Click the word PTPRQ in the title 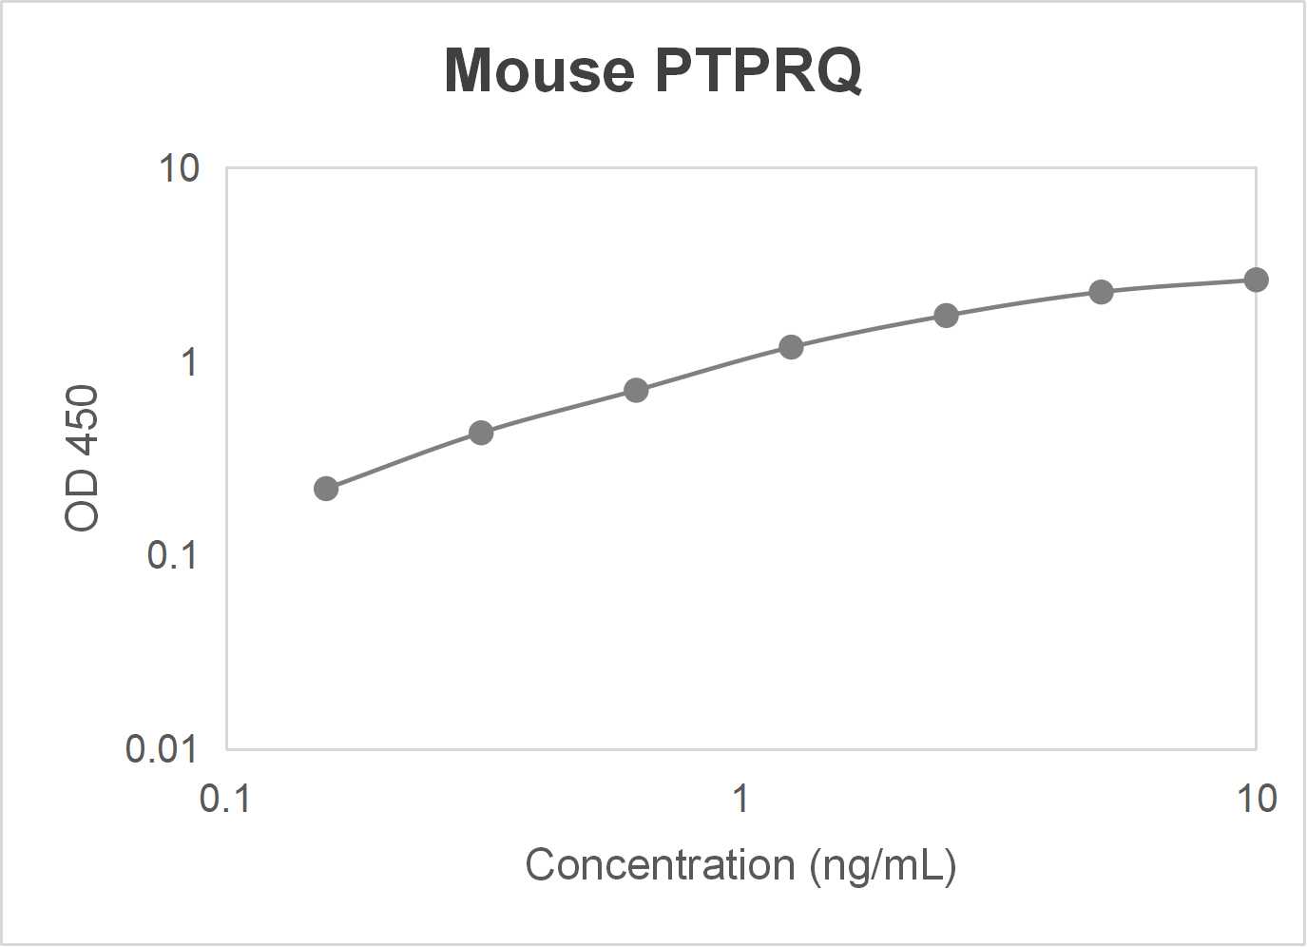point(758,70)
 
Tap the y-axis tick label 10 point(179,168)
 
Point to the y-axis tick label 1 point(189,362)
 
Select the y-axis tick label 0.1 point(172,555)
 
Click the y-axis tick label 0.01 point(162,749)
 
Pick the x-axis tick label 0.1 point(225,799)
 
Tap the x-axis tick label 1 point(740,799)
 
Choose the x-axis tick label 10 point(1256,799)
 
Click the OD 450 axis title point(83,457)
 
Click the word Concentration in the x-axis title point(660,865)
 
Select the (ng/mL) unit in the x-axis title point(883,865)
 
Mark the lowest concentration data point point(326,489)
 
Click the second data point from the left point(481,434)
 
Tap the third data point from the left point(636,391)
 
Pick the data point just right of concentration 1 point(791,347)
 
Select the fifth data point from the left point(946,316)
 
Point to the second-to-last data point point(1101,292)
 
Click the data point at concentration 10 point(1256,280)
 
